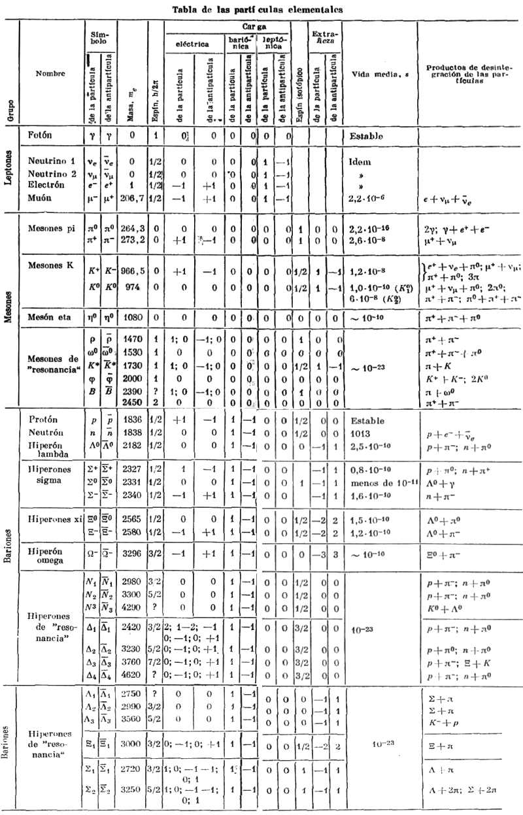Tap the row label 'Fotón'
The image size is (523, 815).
[x=41, y=135]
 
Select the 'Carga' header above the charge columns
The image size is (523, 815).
[x=253, y=29]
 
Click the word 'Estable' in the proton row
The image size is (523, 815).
[x=367, y=420]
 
